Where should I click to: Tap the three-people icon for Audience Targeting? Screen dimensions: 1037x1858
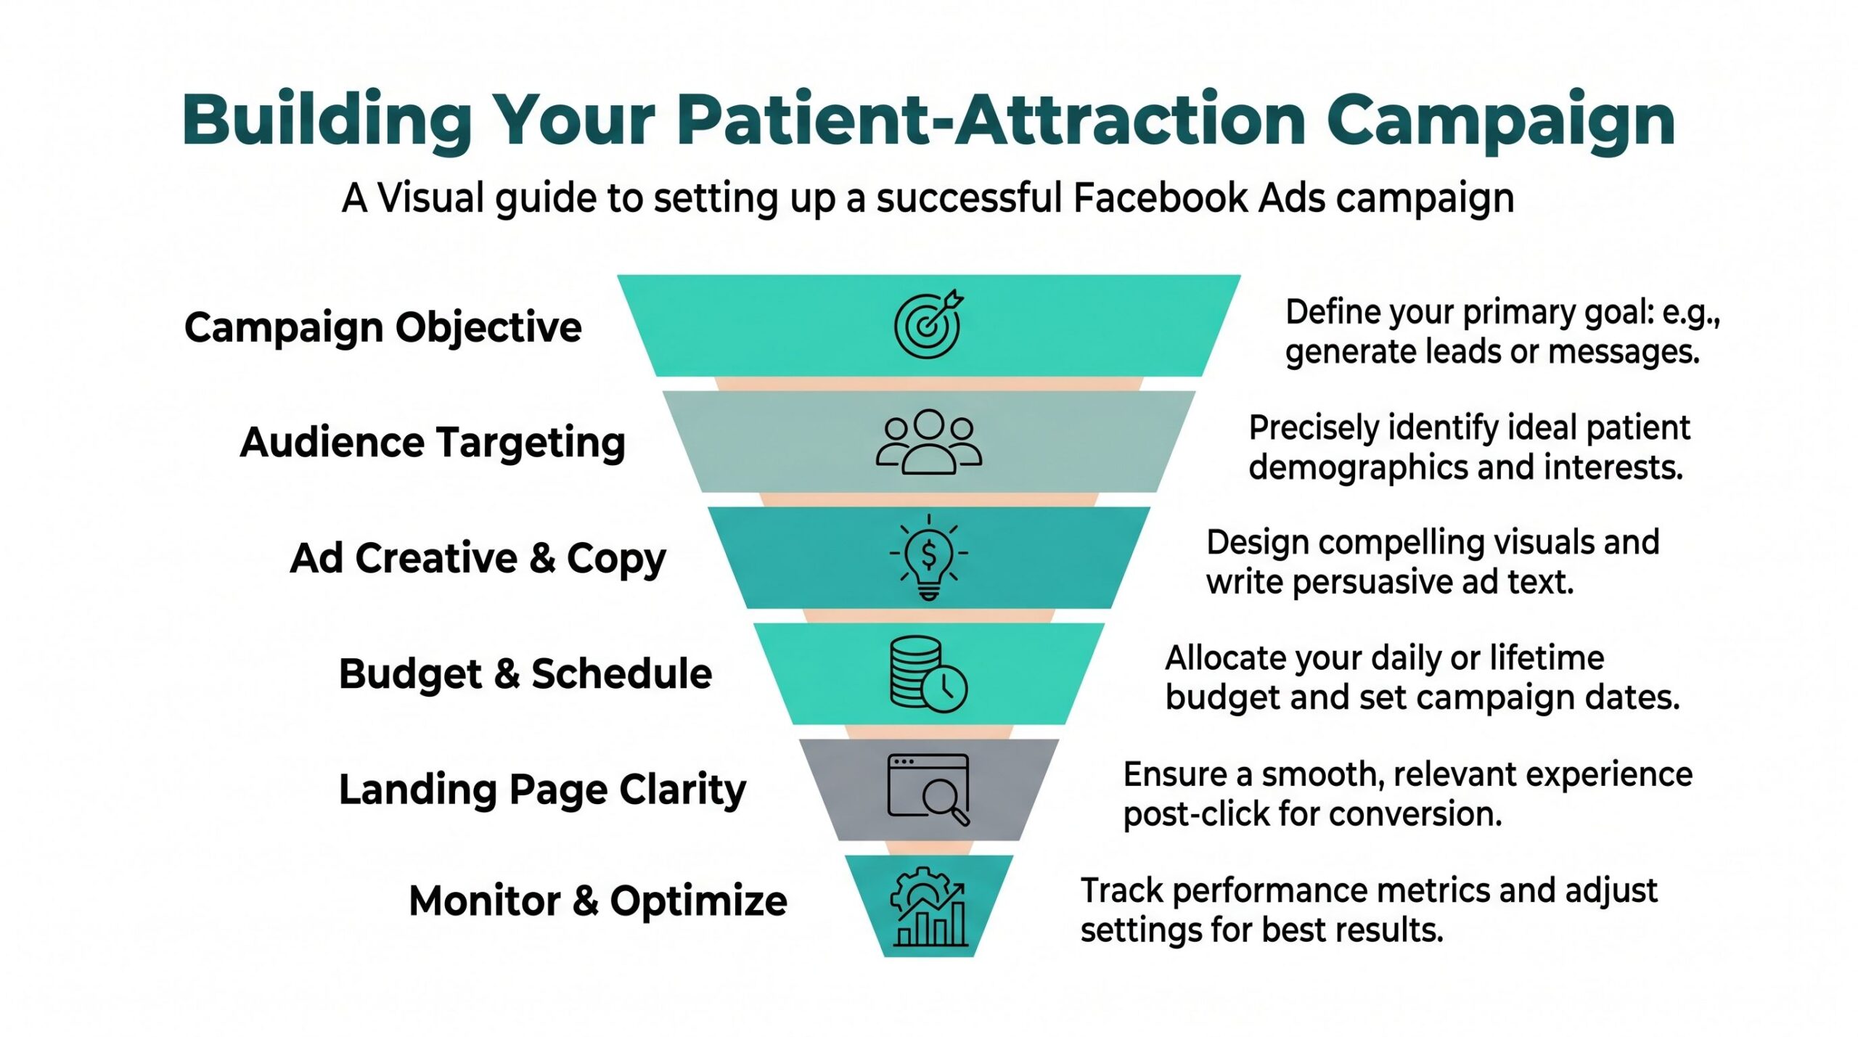[928, 442]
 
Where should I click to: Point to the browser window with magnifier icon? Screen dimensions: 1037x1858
[928, 790]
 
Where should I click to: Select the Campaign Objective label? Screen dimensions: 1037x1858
[382, 327]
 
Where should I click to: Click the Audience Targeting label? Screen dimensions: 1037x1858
[433, 442]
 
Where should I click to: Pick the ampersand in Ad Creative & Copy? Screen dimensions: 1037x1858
[542, 558]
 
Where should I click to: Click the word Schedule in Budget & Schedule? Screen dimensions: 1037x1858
[621, 674]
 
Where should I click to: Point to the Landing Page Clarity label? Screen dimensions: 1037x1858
[542, 790]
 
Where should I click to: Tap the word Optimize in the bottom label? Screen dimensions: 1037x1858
[698, 901]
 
